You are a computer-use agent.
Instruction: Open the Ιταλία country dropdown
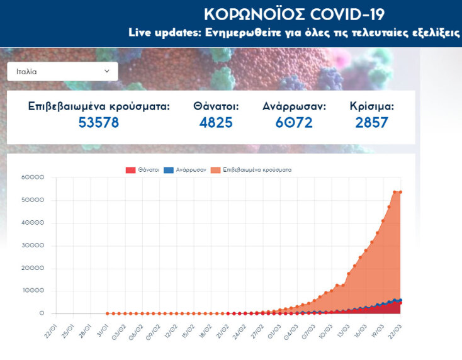coord(62,72)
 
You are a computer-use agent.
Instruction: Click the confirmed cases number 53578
coord(99,123)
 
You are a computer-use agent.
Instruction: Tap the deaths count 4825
coord(216,123)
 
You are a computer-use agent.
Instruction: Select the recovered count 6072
coord(294,123)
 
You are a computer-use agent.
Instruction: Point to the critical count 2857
coord(371,123)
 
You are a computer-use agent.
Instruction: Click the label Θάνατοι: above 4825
coord(216,106)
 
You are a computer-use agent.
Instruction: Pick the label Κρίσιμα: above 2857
coord(372,106)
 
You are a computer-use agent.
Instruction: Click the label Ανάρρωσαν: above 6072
coord(294,106)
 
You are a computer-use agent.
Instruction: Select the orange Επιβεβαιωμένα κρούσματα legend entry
coord(251,170)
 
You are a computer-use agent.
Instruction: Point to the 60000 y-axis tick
coord(33,177)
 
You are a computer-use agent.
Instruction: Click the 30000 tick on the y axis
coord(33,245)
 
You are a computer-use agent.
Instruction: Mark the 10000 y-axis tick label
coord(33,291)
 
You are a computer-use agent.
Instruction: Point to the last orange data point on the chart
coord(400,192)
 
